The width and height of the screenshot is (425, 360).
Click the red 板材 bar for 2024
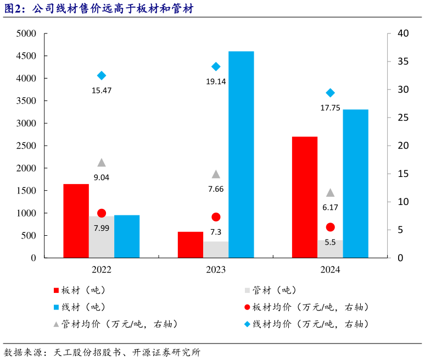pos(305,197)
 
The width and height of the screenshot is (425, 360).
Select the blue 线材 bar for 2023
pos(241,154)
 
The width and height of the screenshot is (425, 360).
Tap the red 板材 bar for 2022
pos(76,220)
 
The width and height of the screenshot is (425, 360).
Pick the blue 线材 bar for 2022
pos(127,236)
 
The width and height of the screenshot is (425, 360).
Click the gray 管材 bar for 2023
pos(216,249)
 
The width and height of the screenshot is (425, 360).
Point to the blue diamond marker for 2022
pos(102,76)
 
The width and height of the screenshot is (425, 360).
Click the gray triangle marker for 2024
pos(330,193)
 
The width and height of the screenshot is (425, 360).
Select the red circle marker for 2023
pos(216,217)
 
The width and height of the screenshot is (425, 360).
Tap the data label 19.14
pos(216,81)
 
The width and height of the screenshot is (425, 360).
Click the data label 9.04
pos(102,177)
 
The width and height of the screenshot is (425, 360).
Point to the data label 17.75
pos(330,108)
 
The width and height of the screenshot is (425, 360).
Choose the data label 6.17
pos(330,207)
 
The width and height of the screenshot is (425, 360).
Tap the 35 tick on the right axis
pos(402,62)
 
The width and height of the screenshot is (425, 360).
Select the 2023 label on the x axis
pos(216,270)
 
